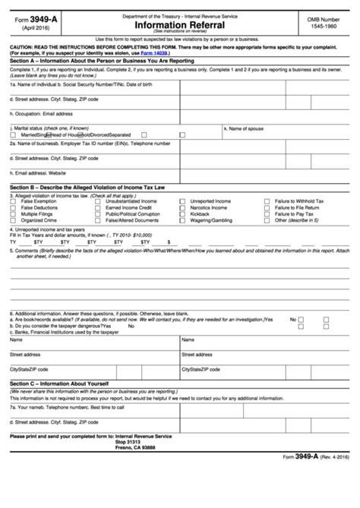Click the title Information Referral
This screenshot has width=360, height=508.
point(180,23)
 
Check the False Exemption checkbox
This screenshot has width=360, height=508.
point(14,202)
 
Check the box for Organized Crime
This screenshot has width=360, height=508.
point(14,220)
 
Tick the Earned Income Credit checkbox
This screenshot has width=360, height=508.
point(98,208)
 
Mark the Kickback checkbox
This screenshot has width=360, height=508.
point(182,214)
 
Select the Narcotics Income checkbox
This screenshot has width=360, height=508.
point(182,208)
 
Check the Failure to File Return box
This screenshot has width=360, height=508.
point(267,208)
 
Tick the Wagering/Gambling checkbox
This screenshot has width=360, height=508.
point(182,220)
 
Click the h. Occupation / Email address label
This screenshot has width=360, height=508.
point(41,114)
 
